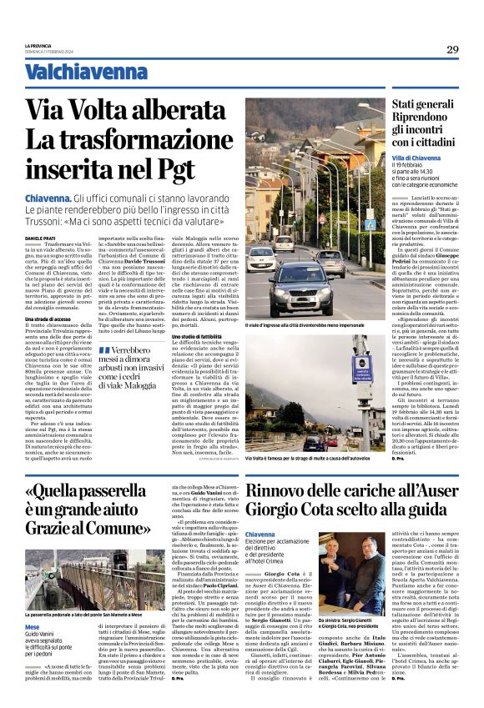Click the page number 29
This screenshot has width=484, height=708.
[451, 49]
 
